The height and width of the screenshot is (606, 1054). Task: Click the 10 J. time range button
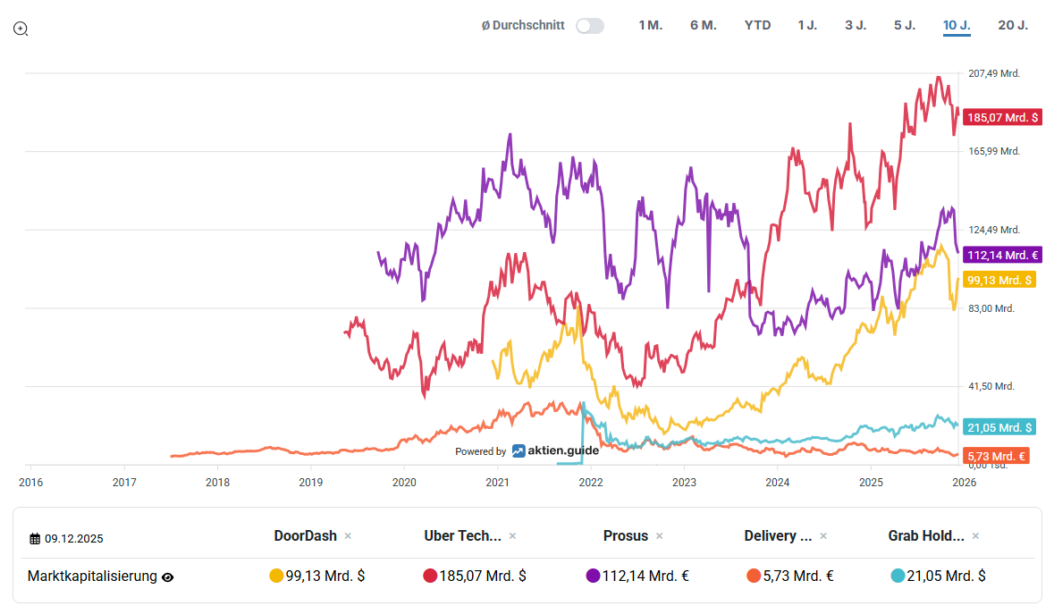click(956, 25)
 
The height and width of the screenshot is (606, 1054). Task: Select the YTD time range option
click(757, 25)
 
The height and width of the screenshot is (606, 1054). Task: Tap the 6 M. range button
click(703, 25)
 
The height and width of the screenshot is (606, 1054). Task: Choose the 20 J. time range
click(1012, 25)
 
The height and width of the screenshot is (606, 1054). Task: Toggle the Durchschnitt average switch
click(589, 26)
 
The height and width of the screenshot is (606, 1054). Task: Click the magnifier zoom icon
click(21, 29)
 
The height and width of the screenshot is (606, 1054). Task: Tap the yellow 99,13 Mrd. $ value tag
click(999, 280)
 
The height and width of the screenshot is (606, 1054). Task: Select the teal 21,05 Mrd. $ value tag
click(999, 427)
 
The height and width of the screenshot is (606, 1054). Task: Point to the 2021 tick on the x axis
click(497, 483)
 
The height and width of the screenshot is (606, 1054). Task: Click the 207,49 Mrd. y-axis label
click(993, 73)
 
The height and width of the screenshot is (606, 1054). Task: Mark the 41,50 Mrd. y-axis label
click(991, 386)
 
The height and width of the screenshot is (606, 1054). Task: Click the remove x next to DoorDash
click(348, 536)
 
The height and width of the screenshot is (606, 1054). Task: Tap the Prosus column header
click(625, 535)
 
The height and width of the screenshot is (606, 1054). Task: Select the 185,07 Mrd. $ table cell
click(475, 576)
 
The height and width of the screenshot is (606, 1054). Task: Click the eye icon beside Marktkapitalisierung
click(167, 577)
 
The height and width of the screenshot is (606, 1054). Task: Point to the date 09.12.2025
click(73, 538)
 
